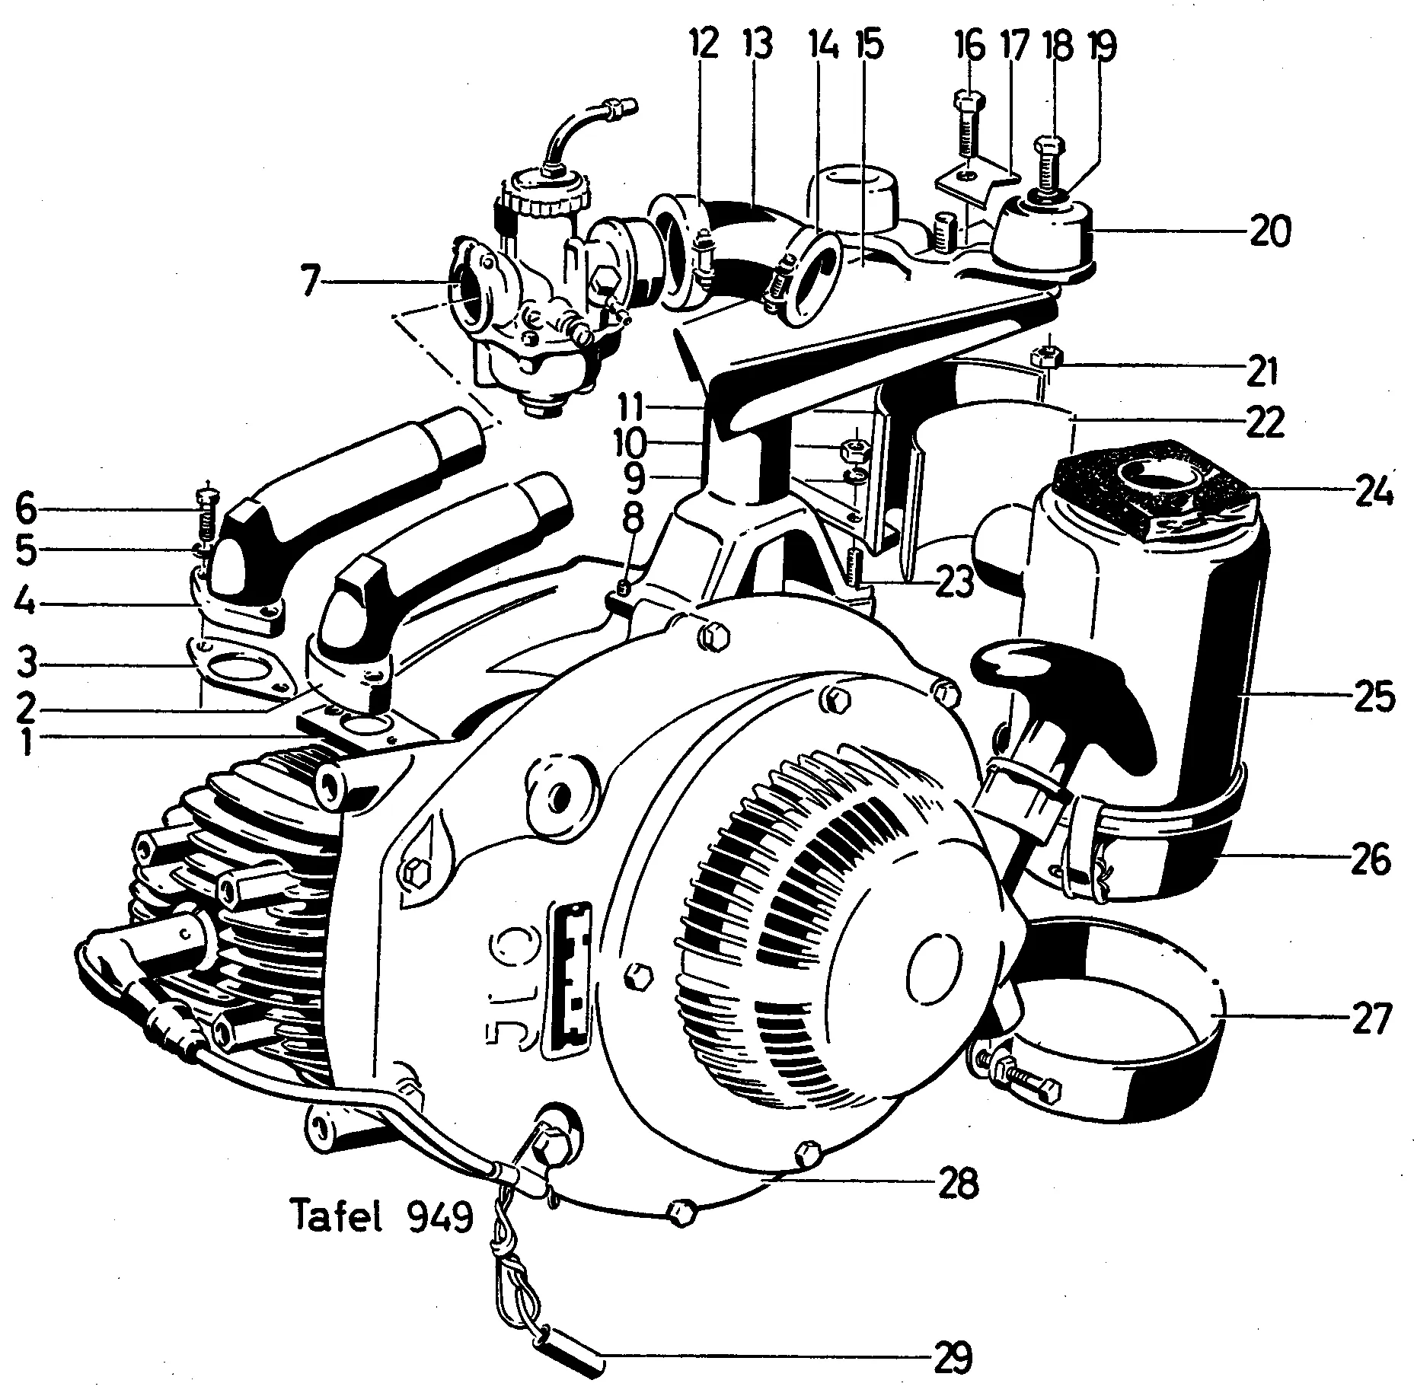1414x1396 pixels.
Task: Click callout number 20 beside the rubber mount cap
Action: [1269, 231]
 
